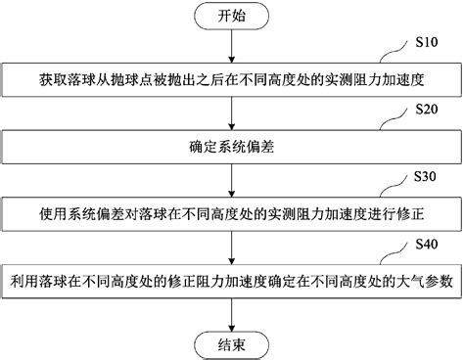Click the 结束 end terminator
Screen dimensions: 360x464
click(x=231, y=343)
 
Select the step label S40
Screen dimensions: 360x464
click(x=429, y=242)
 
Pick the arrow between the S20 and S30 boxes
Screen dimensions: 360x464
click(x=231, y=182)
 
